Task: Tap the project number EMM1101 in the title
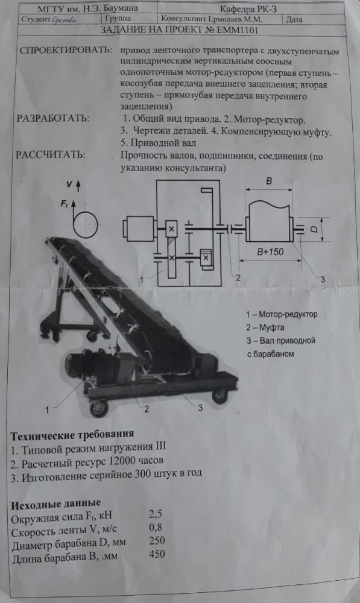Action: [x=238, y=30]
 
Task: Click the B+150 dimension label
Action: [x=270, y=252]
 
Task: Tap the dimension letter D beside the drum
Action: [x=314, y=229]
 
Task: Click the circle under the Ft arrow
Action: [x=86, y=224]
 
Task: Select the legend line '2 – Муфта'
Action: [x=265, y=327]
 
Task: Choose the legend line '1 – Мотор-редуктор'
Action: [x=282, y=314]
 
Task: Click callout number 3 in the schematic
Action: [x=322, y=279]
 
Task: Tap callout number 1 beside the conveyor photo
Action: [x=47, y=410]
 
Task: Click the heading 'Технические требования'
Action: [x=72, y=435]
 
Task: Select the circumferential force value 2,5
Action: [x=156, y=514]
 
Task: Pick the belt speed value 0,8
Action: [x=156, y=527]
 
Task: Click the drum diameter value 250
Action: [x=157, y=541]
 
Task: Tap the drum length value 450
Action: [x=157, y=554]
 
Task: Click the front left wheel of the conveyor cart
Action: [x=98, y=408]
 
